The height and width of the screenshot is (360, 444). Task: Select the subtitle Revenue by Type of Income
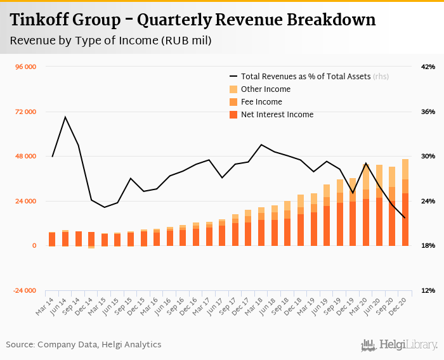coord(111,41)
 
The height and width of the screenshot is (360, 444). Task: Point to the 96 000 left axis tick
coord(25,67)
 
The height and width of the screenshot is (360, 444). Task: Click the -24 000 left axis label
coord(25,291)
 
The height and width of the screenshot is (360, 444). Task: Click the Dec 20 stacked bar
coord(405,202)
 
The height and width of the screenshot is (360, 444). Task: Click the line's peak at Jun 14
coord(65,117)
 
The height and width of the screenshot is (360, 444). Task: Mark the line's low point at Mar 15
coord(105,207)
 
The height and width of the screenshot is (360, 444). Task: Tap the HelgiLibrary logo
coord(400,345)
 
